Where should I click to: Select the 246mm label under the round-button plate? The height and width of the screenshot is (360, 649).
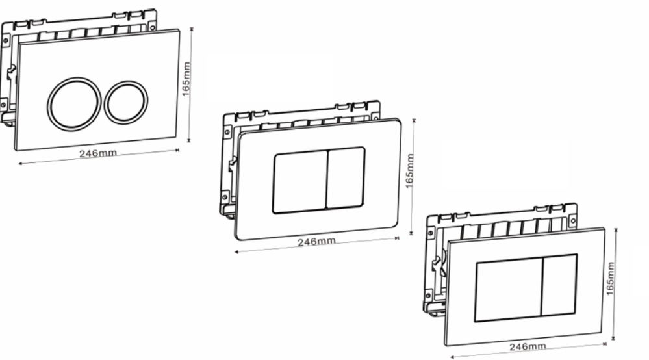coord(98,153)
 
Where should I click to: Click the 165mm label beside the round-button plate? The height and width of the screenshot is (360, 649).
coord(186,79)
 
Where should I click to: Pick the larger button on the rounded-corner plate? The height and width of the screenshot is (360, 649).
coord(300,182)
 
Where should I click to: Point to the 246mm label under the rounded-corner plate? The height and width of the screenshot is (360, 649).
coord(316,241)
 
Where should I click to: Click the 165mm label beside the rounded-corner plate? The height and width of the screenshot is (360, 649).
coord(409,171)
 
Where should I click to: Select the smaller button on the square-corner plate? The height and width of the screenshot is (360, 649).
coord(559,284)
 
